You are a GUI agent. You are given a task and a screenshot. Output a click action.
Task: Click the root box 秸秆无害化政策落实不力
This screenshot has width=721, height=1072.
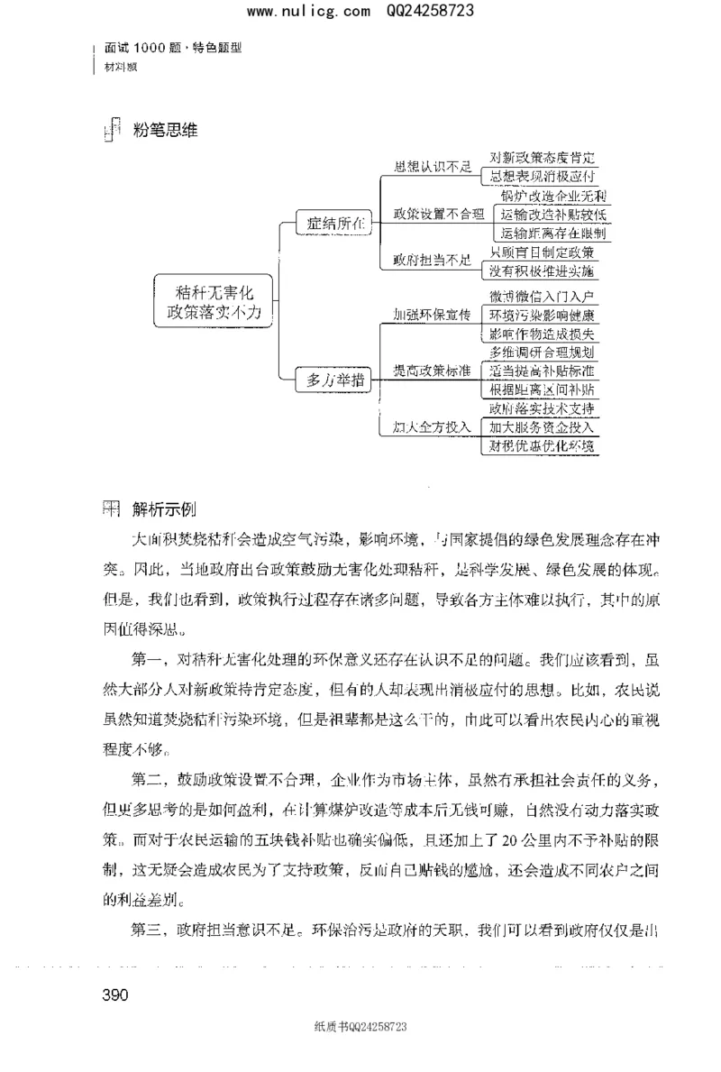[213, 302]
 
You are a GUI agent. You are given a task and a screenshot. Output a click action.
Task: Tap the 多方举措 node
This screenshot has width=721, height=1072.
[333, 380]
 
